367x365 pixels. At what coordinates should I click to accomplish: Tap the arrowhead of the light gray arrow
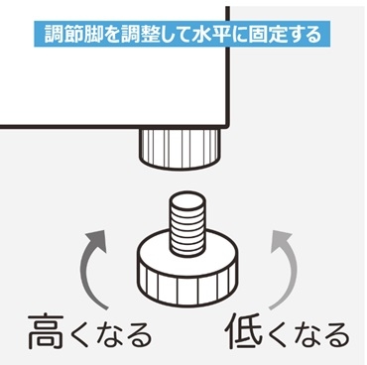pos(281,241)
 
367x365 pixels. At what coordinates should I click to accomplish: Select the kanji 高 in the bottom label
pos(46,332)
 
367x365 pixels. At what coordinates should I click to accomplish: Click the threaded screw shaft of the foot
pos(185,227)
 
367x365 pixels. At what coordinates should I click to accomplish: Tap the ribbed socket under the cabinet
pos(181,148)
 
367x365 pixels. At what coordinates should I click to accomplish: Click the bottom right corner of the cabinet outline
pos(228,126)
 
